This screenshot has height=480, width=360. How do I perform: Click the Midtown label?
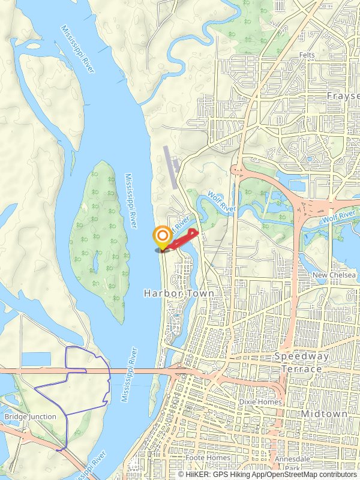(324, 414)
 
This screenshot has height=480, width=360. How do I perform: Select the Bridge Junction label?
(30, 416)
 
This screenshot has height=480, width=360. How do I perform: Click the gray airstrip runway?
(170, 167)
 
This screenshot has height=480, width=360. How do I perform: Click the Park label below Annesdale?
(292, 467)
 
